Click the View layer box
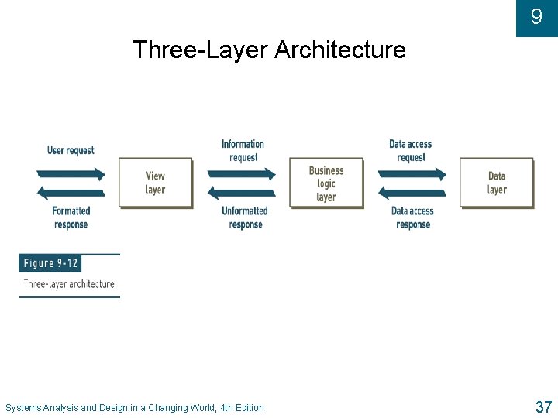155,183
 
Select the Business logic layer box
326,183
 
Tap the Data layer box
497,183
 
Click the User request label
71,150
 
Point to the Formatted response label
71,218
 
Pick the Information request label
243,150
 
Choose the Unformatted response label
245,218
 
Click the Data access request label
411,150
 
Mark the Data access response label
412,218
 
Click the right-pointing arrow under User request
71,173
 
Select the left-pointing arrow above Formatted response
71,194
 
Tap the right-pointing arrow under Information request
241,173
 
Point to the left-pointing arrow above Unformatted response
241,194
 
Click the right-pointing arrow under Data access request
412,173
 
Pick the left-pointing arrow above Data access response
412,194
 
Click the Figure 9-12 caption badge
50,263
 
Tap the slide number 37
542,406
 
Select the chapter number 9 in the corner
536,16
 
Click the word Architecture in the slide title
339,50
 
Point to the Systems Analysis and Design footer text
135,408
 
